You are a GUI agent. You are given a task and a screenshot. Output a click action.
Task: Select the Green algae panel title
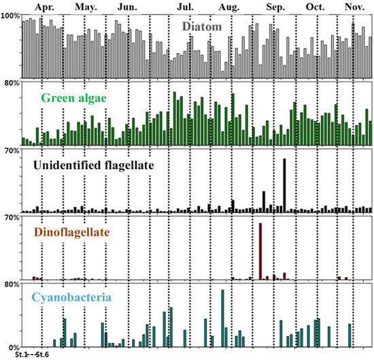77,97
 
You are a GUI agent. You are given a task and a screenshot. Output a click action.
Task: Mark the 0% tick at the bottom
14,347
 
